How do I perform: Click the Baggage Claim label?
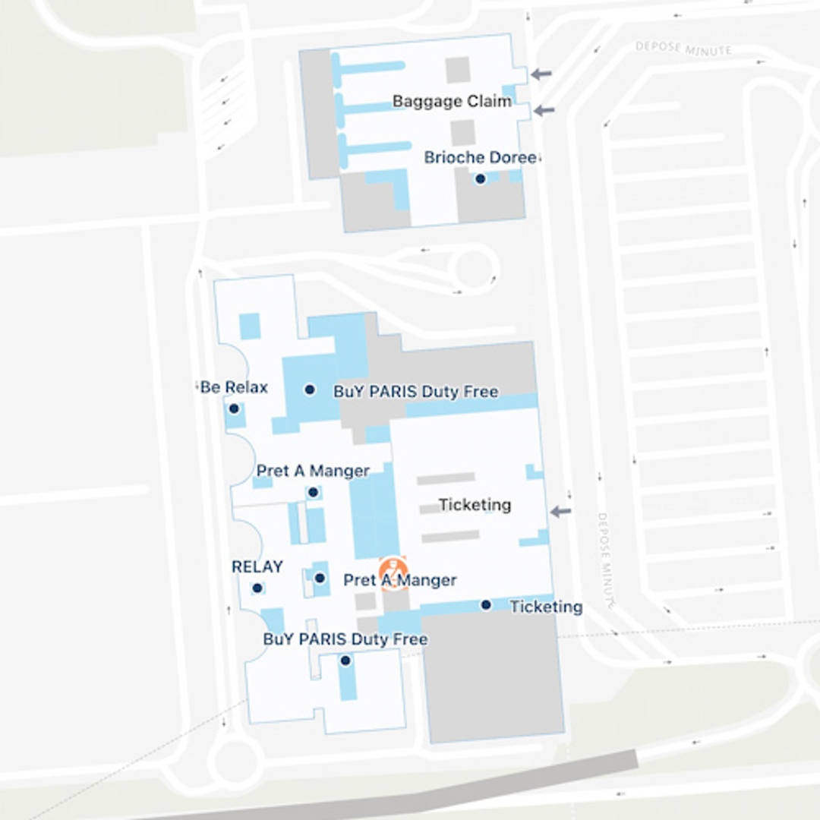pos(452,101)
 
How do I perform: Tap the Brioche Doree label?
pos(480,158)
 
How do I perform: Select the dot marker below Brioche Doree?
pos(480,179)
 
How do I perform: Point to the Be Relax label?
pos(234,387)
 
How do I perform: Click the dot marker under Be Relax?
pos(234,408)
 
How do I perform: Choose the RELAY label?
pos(257,567)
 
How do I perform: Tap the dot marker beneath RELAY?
pos(257,588)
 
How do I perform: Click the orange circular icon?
pos(393,571)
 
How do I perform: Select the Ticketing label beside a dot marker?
pos(546,607)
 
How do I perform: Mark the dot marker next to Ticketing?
pos(486,605)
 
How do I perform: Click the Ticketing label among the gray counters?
pos(475,505)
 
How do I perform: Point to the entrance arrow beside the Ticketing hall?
pos(560,512)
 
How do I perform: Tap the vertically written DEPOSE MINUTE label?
pos(604,560)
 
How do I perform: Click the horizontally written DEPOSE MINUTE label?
pos(683,49)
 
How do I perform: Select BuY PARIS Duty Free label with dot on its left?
pos(416,392)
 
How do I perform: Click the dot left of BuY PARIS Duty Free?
pos(310,389)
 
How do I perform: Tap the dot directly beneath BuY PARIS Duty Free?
pos(345,661)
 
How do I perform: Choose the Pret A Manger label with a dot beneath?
pos(313,471)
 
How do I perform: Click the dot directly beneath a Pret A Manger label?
pos(313,492)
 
